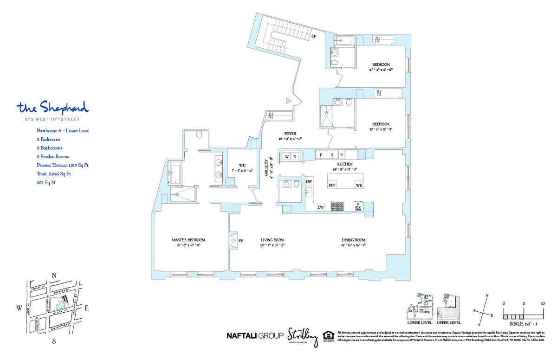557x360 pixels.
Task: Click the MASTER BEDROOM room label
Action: pyautogui.click(x=188, y=240)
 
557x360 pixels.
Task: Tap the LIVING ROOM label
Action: pyautogui.click(x=272, y=240)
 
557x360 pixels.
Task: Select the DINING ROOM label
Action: pyautogui.click(x=353, y=240)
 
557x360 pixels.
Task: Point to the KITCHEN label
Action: pyautogui.click(x=345, y=164)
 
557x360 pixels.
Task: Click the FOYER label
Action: pyautogui.click(x=290, y=134)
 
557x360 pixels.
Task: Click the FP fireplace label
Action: pyautogui.click(x=241, y=241)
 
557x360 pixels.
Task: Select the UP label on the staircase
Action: pyautogui.click(x=314, y=36)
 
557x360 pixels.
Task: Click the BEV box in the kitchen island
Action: pyautogui.click(x=332, y=185)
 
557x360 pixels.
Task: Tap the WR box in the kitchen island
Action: pyautogui.click(x=359, y=185)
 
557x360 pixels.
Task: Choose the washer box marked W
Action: pyautogui.click(x=287, y=157)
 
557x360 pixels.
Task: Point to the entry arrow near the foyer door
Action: pyautogui.click(x=288, y=100)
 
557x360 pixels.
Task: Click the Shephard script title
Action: pyautogui.click(x=52, y=108)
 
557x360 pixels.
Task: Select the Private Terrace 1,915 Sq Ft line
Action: pyautogui.click(x=62, y=165)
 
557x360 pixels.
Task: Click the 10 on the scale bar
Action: pyautogui.click(x=543, y=303)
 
